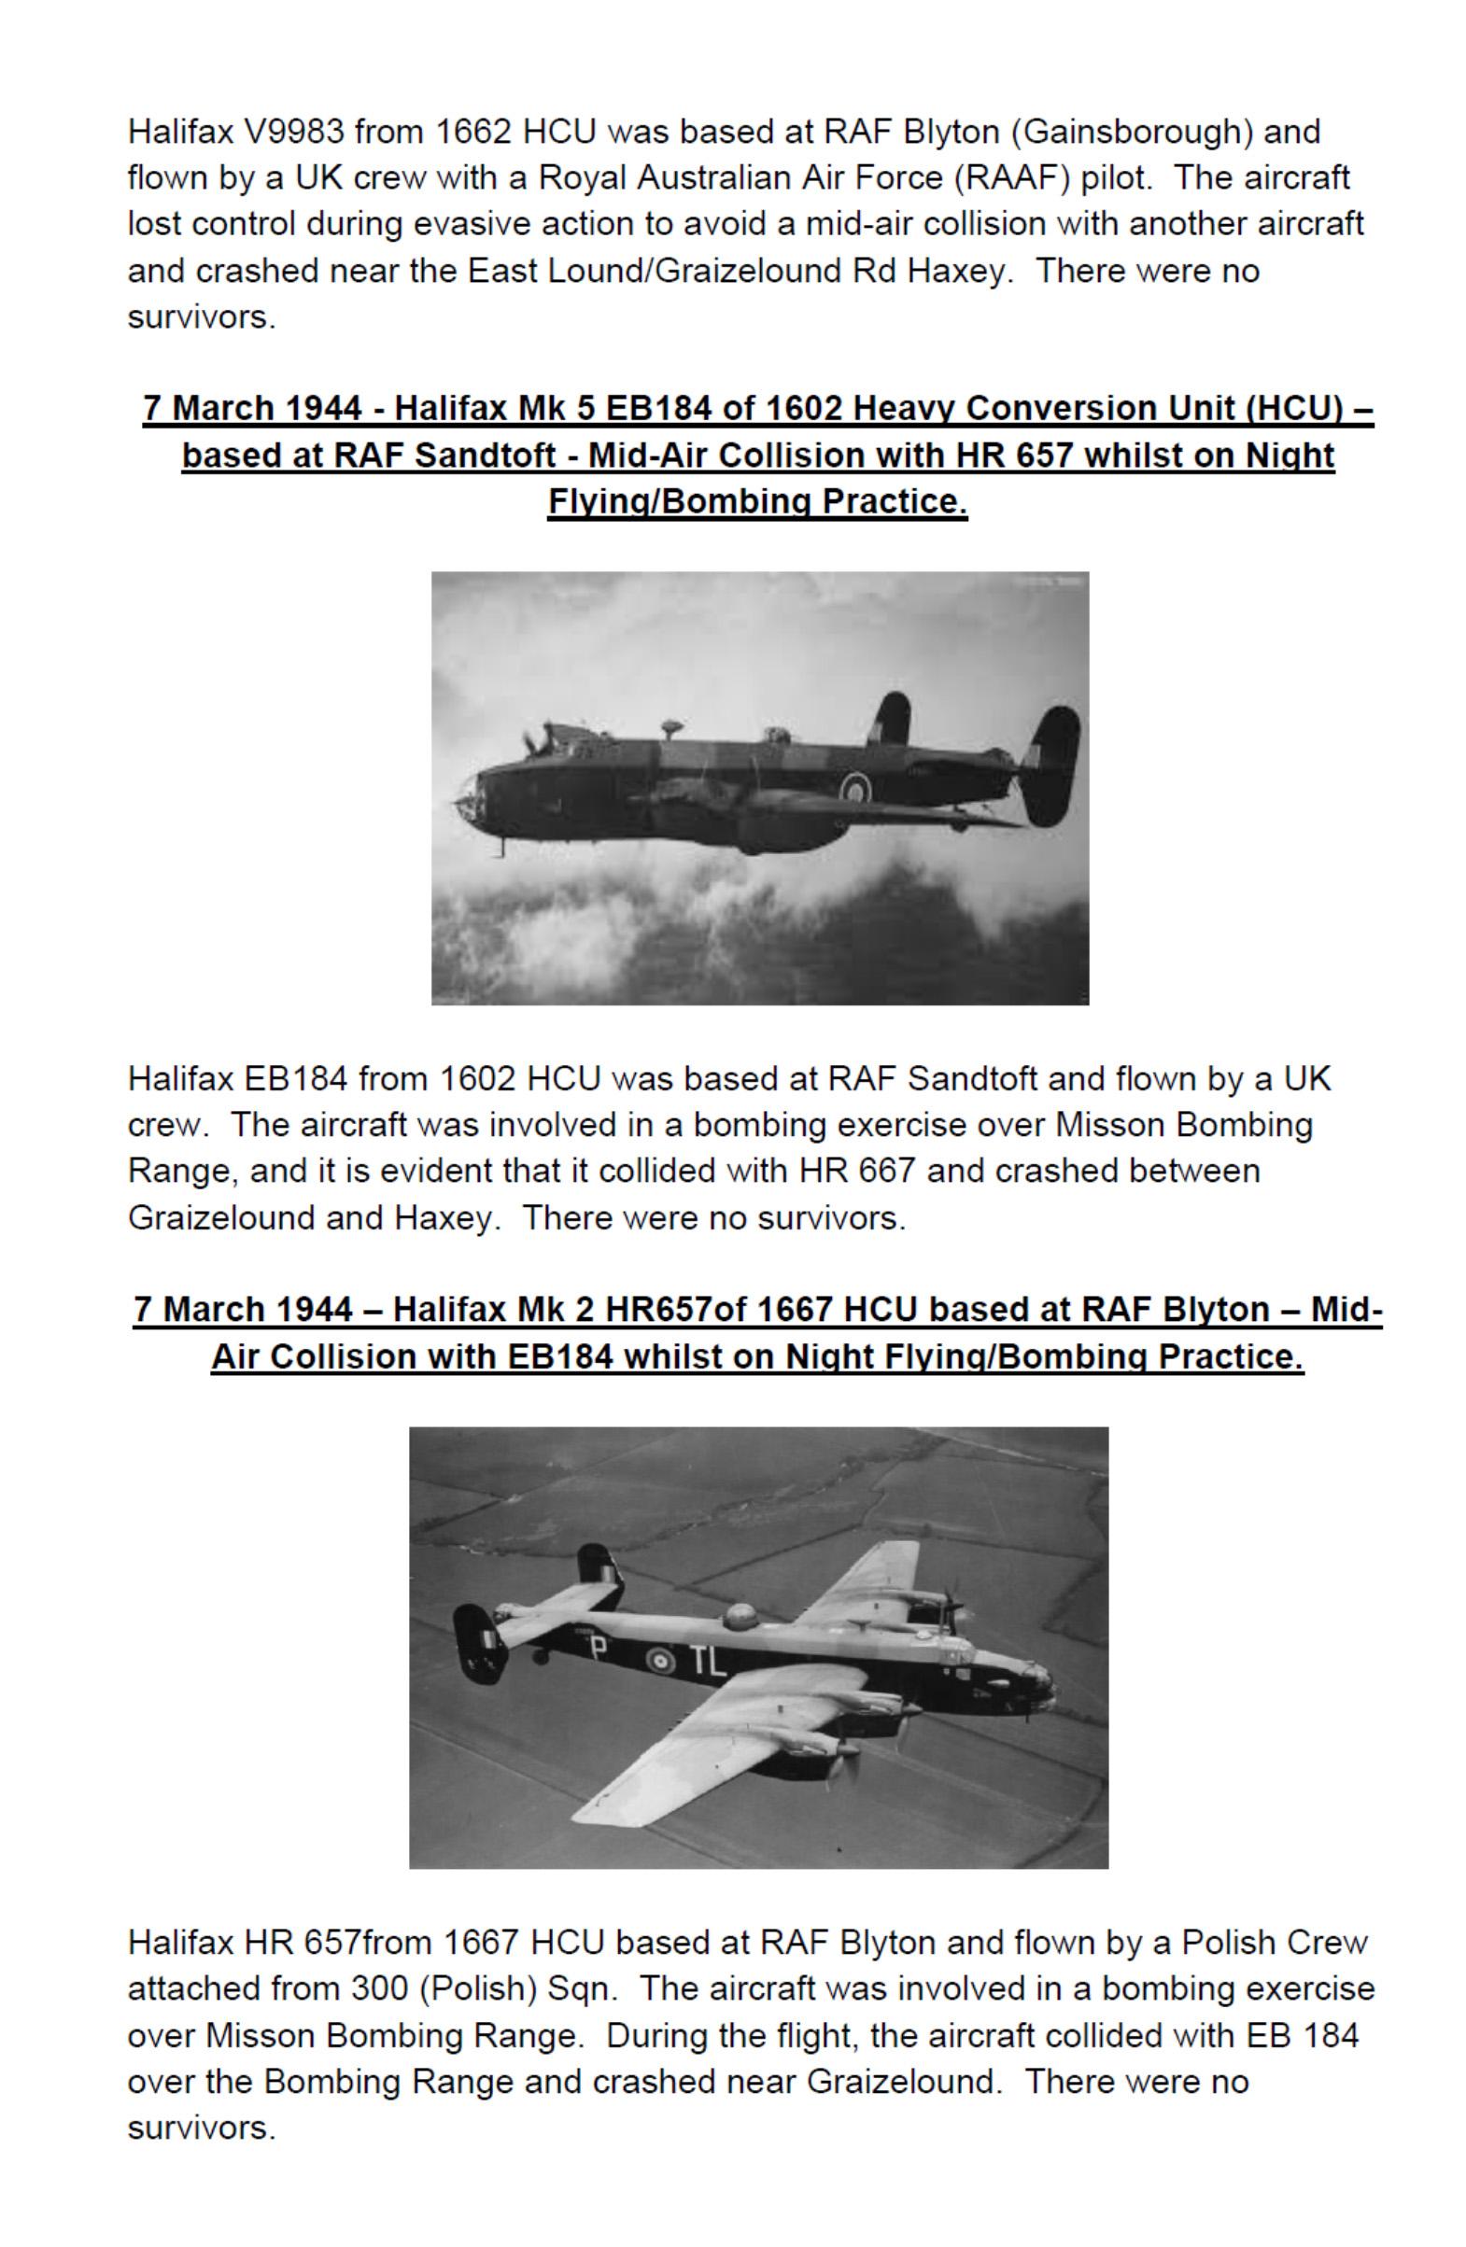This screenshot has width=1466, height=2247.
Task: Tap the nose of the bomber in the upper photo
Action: (x=470, y=793)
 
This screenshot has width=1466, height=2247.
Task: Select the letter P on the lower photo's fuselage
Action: (x=596, y=1649)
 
